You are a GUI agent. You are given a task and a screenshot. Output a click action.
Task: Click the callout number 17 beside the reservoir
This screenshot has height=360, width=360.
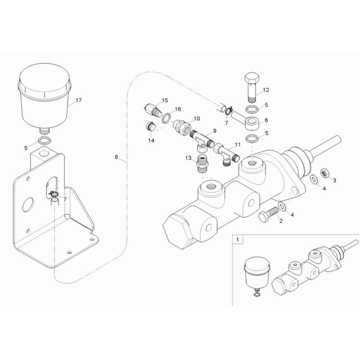tap(78, 100)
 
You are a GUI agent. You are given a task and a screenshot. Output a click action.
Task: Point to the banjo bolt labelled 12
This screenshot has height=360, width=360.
tap(252, 87)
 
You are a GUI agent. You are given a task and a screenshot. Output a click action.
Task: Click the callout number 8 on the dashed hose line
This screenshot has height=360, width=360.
tap(116, 157)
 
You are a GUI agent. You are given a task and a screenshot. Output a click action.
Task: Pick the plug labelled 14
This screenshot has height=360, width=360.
tap(150, 126)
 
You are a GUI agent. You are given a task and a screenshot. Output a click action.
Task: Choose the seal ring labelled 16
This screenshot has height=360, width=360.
tap(166, 117)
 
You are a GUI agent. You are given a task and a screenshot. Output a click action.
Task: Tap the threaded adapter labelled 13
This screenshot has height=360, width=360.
tap(203, 163)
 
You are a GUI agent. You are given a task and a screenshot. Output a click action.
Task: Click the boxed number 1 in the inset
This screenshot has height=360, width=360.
tap(238, 240)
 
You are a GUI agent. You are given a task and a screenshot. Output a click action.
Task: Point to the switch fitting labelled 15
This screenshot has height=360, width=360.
tap(152, 110)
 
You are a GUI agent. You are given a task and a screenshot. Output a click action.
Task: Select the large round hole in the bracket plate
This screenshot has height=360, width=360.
tap(28, 205)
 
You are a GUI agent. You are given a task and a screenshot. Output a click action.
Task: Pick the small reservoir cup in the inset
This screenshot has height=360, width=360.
tap(257, 274)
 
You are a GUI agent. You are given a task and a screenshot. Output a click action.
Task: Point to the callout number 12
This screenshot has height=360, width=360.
tap(266, 90)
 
